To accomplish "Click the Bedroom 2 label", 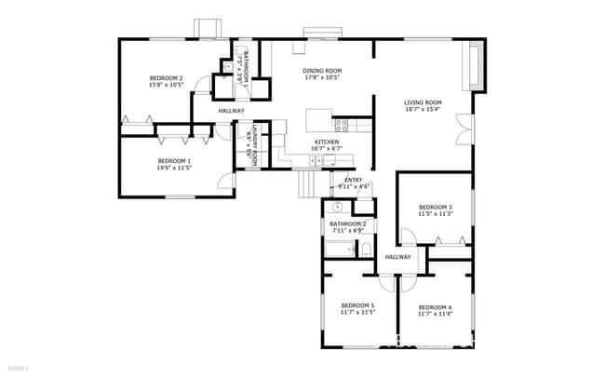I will tap(167, 78).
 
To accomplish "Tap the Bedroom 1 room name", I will tap(174, 161).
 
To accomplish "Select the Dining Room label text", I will tap(322, 71).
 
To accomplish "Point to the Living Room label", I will tap(422, 102).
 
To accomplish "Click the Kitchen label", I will tap(326, 142).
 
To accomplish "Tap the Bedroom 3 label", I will tap(435, 207).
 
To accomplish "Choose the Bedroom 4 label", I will tap(435, 307).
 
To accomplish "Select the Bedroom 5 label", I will tap(357, 306).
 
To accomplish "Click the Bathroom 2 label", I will tap(347, 224).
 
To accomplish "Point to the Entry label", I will tap(354, 180).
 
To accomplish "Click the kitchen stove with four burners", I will tap(342, 123).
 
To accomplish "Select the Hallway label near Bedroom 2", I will tap(231, 111).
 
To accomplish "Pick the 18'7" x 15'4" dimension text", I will tap(422, 110).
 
